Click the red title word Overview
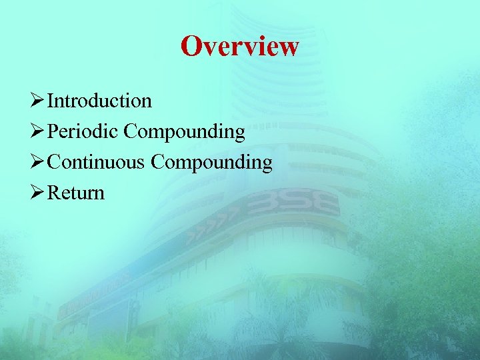(x=239, y=47)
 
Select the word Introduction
(x=100, y=101)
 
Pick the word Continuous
(x=97, y=162)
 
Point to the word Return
(x=76, y=193)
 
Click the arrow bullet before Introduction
(x=37, y=101)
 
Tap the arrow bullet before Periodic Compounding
(x=37, y=132)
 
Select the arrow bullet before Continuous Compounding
(x=37, y=163)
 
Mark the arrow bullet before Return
(x=37, y=193)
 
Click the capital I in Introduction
(x=51, y=101)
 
